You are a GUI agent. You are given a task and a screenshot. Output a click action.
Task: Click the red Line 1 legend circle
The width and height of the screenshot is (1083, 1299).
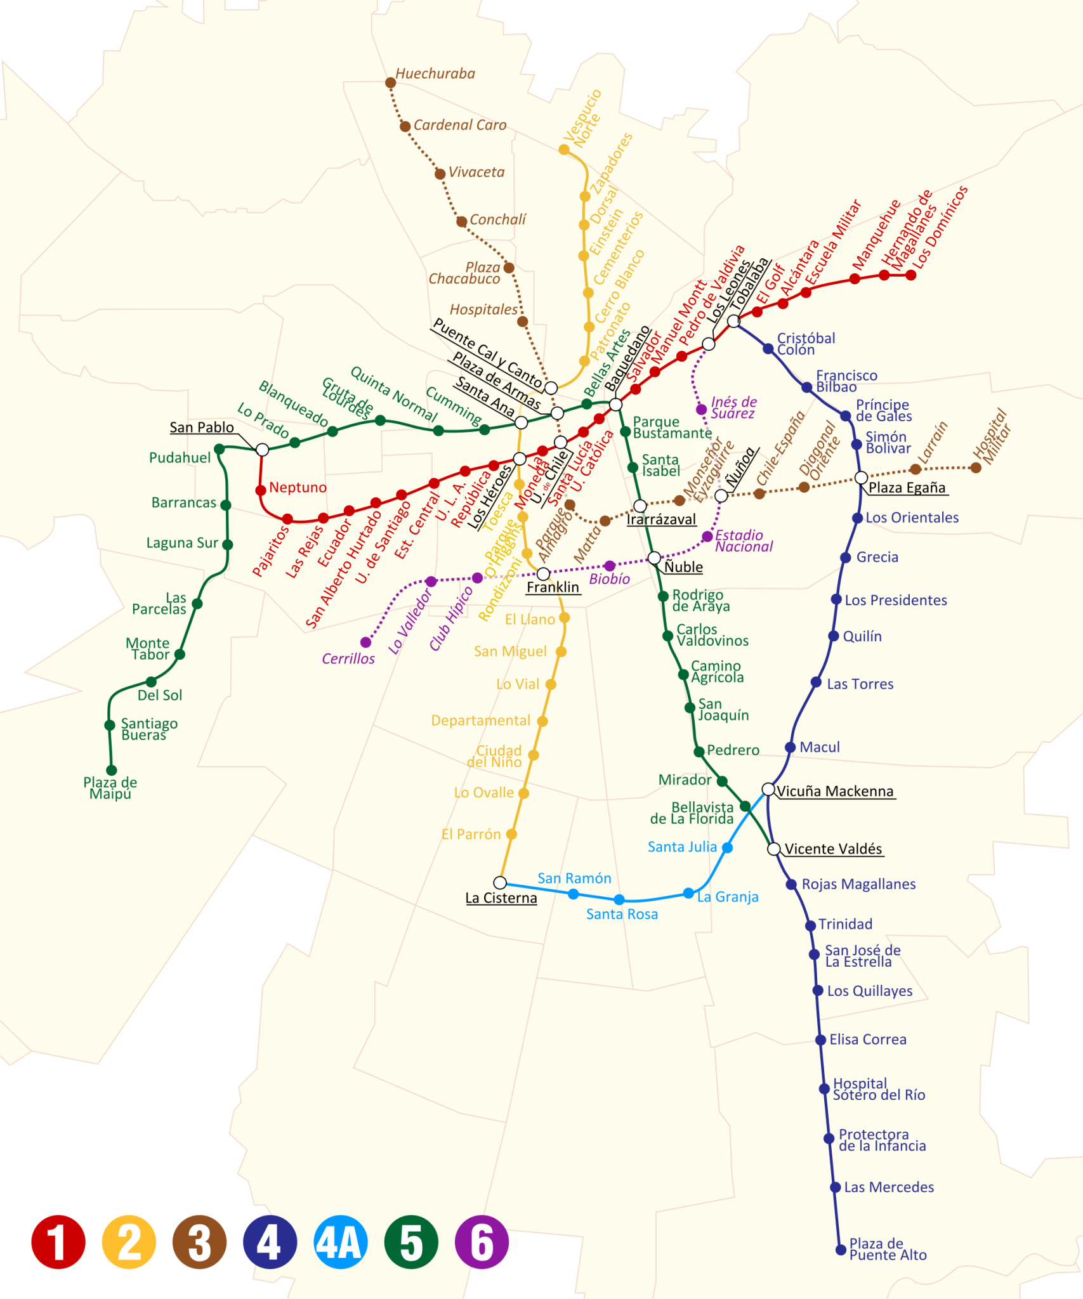click(58, 1241)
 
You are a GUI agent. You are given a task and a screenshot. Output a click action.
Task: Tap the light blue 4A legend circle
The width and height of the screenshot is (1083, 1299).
click(341, 1241)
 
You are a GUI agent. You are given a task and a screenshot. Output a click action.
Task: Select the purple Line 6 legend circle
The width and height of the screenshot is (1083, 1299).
click(482, 1241)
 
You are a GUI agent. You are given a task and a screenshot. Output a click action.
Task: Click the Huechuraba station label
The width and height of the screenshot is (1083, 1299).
click(435, 74)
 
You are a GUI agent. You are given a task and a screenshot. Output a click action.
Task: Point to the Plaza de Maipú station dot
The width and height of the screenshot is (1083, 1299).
click(112, 770)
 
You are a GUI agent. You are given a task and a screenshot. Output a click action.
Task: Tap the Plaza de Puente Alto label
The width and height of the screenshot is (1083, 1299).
click(888, 1249)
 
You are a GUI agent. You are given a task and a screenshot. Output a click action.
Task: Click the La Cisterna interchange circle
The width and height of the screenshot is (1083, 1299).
click(500, 883)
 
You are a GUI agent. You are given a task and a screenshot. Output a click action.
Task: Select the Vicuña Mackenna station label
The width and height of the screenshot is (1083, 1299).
click(835, 791)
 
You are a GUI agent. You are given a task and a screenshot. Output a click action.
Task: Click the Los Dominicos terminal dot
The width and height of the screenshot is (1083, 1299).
click(911, 275)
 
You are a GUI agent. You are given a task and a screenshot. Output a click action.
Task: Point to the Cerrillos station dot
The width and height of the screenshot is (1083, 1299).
click(365, 643)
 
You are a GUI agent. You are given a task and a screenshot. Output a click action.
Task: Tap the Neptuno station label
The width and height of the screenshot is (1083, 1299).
click(298, 487)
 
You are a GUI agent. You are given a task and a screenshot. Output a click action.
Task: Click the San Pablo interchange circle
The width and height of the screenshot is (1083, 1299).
click(262, 450)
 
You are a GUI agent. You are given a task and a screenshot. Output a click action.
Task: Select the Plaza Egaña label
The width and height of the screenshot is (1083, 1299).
click(907, 487)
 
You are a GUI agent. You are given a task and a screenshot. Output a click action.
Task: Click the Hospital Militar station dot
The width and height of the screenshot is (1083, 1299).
click(976, 468)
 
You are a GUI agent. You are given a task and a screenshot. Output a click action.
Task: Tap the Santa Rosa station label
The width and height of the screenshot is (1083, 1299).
click(622, 914)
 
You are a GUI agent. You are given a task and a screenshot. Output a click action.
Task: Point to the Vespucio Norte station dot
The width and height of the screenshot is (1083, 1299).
click(563, 150)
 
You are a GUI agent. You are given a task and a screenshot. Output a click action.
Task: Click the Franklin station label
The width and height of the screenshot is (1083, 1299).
click(553, 587)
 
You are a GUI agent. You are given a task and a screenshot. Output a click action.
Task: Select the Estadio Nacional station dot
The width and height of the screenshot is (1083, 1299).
click(707, 537)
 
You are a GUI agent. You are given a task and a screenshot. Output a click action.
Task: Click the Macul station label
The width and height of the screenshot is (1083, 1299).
click(819, 747)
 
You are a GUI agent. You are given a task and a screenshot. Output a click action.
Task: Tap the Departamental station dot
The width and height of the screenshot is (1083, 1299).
click(542, 721)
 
